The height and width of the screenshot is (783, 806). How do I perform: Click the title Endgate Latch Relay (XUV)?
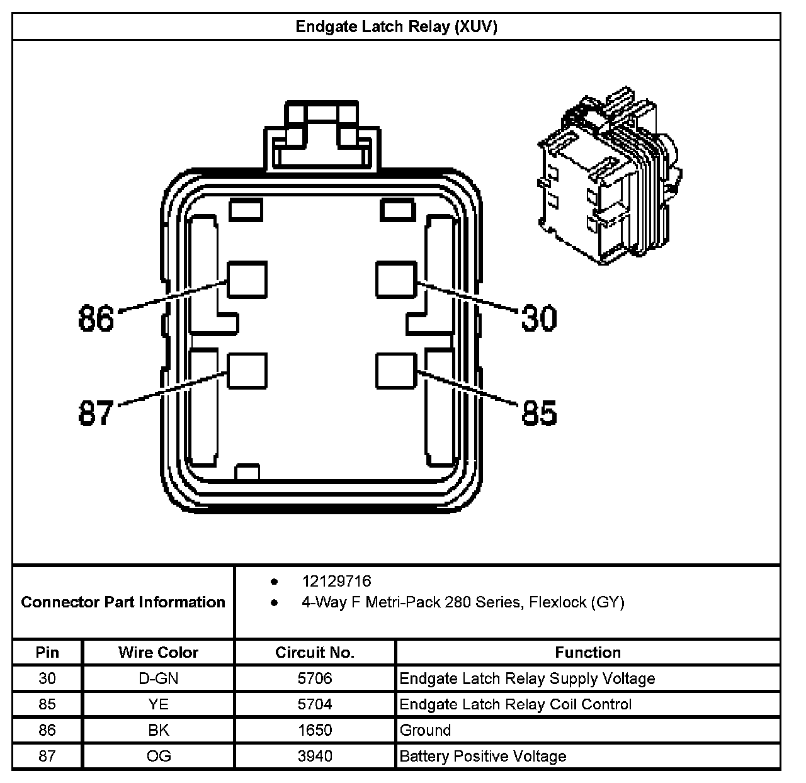click(396, 27)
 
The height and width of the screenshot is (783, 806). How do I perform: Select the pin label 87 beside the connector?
click(96, 414)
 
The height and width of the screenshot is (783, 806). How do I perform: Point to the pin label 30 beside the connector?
click(539, 318)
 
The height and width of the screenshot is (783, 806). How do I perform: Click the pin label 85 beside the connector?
click(539, 414)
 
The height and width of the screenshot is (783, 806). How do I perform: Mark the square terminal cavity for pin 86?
click(247, 279)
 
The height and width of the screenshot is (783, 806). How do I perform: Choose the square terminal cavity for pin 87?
click(247, 371)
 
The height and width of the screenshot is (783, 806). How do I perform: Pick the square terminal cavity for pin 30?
click(397, 279)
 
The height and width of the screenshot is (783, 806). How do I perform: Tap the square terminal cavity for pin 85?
click(397, 371)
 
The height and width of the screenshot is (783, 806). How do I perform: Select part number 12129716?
click(336, 581)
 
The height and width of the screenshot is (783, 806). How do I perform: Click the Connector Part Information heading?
click(123, 602)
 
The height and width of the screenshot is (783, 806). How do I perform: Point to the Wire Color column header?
click(158, 653)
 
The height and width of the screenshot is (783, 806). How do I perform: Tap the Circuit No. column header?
click(315, 653)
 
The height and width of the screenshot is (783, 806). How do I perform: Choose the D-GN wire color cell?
click(158, 679)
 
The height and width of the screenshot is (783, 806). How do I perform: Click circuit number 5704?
click(315, 704)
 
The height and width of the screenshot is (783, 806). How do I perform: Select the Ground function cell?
click(426, 730)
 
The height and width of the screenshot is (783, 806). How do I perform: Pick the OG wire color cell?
click(158, 756)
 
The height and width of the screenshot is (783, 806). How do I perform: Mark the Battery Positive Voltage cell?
click(483, 756)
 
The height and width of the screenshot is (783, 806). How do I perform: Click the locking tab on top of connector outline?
click(322, 135)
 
